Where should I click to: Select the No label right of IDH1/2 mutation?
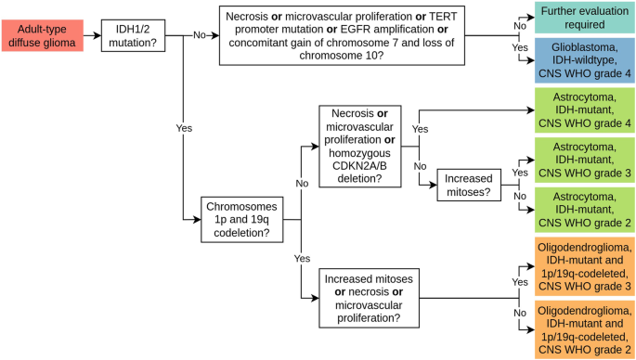pos(199,34)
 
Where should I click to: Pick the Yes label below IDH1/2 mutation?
pos(184,127)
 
